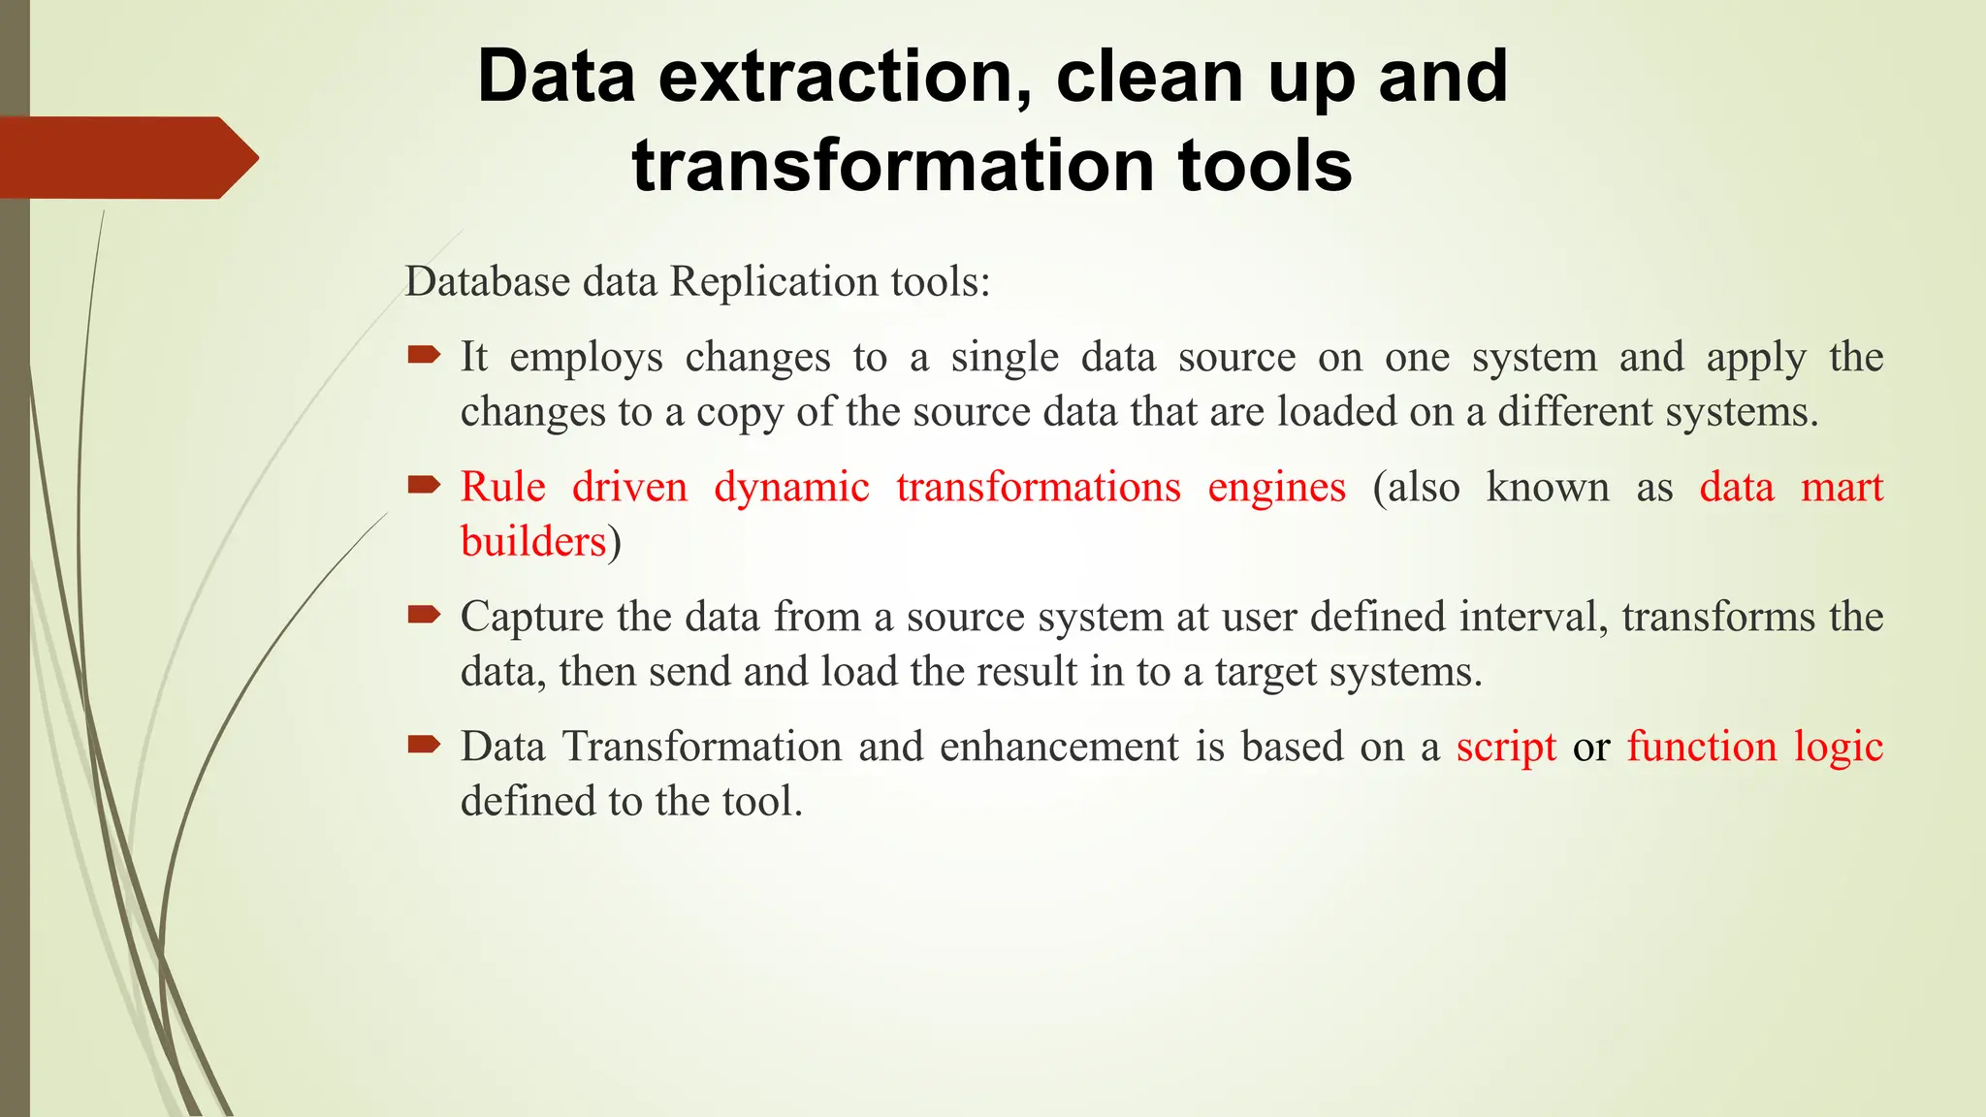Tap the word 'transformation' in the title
(x=893, y=165)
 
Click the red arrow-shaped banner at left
(x=126, y=158)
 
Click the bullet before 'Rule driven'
(x=424, y=485)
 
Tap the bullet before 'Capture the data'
(x=424, y=615)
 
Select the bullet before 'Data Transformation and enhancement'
(x=424, y=745)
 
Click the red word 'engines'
(x=1276, y=488)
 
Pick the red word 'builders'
(x=533, y=541)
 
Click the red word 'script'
(x=1506, y=748)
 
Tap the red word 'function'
(x=1702, y=747)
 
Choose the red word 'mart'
(x=1842, y=487)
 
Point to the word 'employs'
(x=586, y=358)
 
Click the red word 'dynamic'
(x=791, y=488)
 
